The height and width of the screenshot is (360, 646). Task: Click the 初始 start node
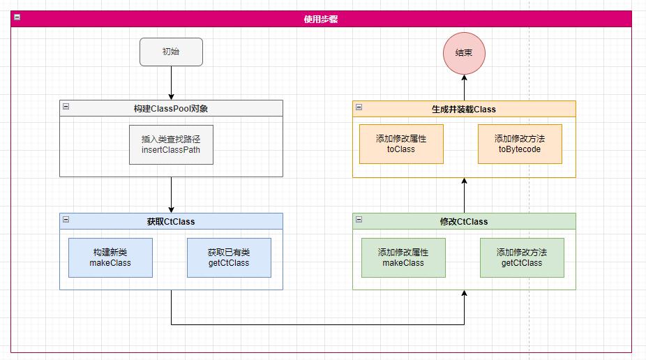pos(171,52)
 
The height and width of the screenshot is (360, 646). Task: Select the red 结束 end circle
pos(464,53)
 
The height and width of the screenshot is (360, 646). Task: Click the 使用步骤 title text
pos(321,20)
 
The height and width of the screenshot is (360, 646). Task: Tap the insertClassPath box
pos(171,144)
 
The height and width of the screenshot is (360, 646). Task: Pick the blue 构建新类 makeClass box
pos(110,257)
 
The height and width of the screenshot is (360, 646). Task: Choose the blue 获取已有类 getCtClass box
pos(229,257)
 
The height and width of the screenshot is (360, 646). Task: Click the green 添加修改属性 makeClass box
pos(403,257)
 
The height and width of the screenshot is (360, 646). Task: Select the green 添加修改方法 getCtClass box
pos(522,257)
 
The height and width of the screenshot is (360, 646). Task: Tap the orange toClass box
pos(401,144)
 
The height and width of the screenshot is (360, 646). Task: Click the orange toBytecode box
pos(520,144)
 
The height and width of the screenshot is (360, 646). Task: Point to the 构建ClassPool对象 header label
pos(171,109)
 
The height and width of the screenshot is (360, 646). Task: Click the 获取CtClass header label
pos(171,222)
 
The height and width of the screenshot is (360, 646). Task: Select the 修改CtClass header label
pos(464,222)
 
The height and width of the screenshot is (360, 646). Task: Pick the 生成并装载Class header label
pos(464,109)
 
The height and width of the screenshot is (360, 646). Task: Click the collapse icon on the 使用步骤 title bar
pos(17,18)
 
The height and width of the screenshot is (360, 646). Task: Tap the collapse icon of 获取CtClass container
pos(66,220)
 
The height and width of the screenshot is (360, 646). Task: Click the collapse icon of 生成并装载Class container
pos(359,107)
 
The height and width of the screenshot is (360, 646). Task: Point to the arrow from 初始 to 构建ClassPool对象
pos(171,83)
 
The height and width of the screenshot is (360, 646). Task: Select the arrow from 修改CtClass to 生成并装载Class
pos(464,195)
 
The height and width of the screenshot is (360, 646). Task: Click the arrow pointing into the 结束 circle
pos(464,87)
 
